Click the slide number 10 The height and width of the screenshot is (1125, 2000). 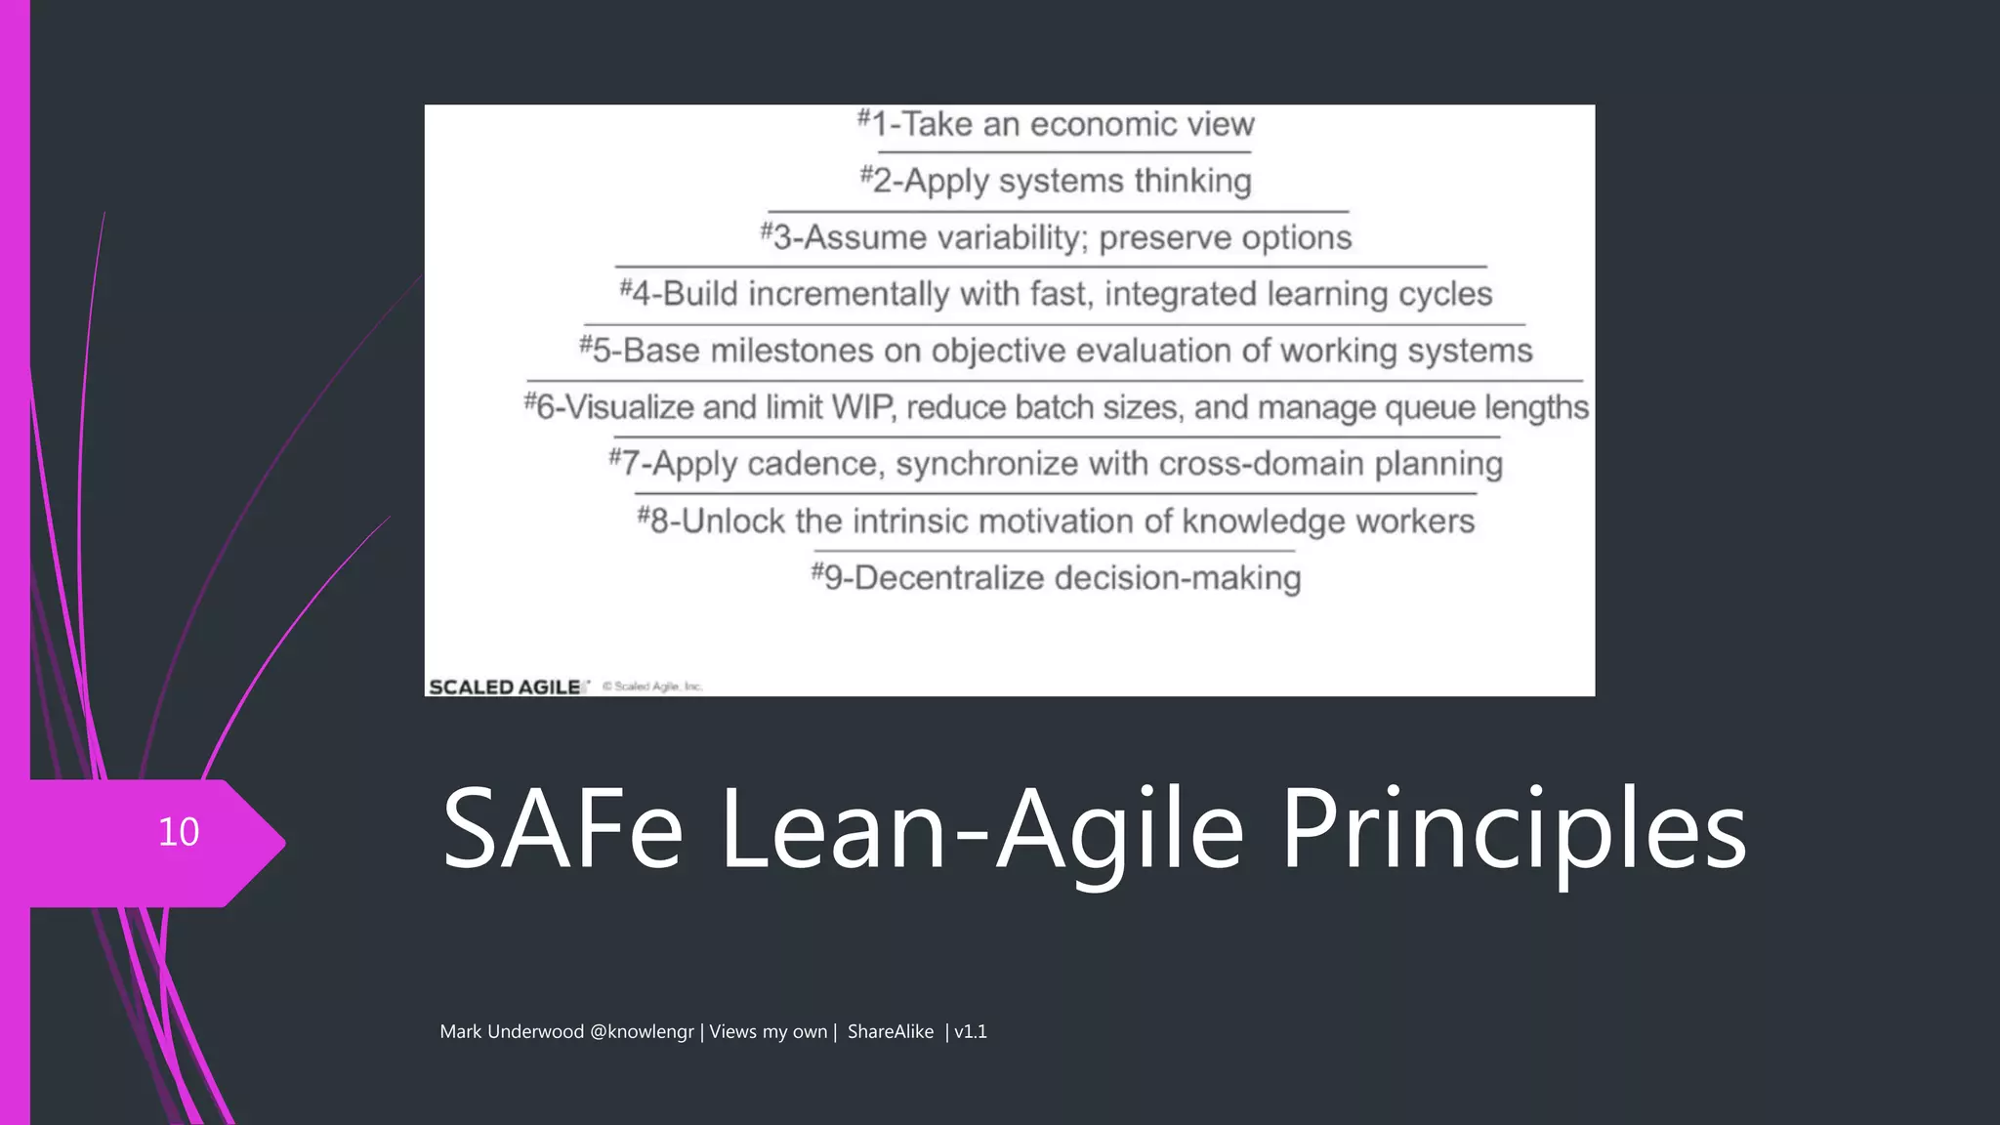tap(179, 832)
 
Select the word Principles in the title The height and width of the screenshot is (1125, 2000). tap(1513, 832)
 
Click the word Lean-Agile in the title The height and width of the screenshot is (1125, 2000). tap(982, 832)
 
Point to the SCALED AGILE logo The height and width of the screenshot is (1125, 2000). tap(506, 687)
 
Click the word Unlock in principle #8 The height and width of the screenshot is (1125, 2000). tap(733, 521)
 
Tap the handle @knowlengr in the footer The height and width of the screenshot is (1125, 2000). tap(642, 1032)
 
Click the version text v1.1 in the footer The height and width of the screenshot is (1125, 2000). tap(971, 1032)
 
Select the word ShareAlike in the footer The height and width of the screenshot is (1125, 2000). tap(890, 1032)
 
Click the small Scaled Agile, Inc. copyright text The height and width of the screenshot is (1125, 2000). tap(652, 687)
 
